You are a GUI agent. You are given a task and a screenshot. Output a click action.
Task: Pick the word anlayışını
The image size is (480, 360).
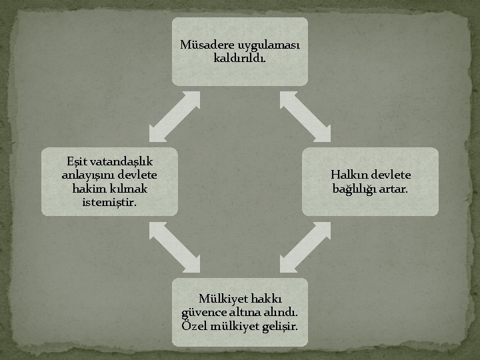tap(86, 175)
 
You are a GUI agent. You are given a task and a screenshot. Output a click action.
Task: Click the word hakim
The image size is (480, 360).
tap(85, 189)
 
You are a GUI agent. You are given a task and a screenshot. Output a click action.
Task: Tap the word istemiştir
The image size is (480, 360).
tap(109, 202)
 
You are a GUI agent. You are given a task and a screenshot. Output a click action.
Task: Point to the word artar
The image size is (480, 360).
tap(396, 189)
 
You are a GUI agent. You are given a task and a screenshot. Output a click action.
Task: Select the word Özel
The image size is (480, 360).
tap(195, 326)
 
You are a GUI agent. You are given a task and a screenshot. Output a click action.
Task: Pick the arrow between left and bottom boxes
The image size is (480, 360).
tap(175, 247)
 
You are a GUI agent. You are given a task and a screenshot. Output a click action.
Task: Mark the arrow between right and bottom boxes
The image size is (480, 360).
tap(305, 247)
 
